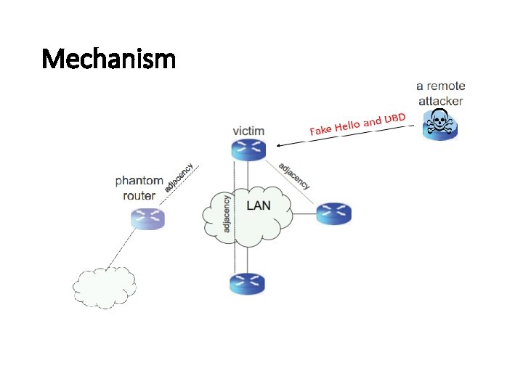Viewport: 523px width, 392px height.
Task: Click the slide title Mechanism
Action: click(109, 57)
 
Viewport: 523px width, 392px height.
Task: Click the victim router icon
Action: click(248, 150)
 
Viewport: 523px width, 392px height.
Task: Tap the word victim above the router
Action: click(248, 131)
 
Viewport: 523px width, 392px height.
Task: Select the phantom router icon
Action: click(148, 218)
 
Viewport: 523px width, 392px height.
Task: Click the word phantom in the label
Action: click(139, 181)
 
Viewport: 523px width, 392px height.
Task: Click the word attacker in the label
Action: click(440, 101)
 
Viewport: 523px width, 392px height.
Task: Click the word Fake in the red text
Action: click(321, 131)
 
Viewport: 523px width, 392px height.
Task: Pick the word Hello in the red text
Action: click(347, 126)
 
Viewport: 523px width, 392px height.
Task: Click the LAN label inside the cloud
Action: click(259, 205)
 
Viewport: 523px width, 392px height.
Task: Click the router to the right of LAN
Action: click(334, 213)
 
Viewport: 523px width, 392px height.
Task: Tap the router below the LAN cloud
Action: click(248, 283)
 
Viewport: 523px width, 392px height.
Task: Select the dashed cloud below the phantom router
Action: click(104, 287)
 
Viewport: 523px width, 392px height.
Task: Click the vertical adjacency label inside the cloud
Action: click(227, 213)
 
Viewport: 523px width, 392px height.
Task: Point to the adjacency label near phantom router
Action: click(179, 177)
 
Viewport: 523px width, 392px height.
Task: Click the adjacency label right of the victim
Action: click(294, 175)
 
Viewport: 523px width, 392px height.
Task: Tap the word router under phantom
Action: click(139, 195)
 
